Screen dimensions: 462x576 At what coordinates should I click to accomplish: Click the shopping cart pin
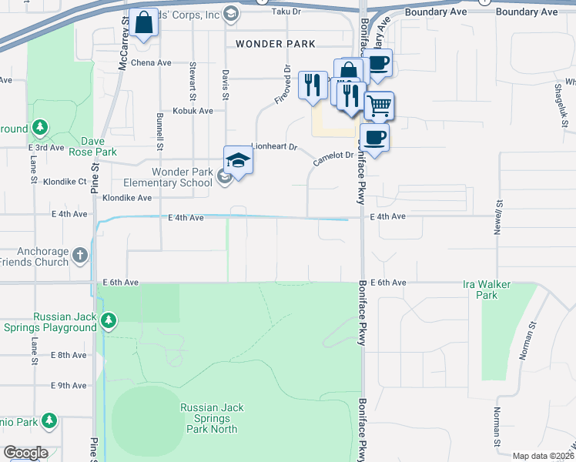point(379,105)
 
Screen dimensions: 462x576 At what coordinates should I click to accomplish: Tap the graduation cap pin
point(239,161)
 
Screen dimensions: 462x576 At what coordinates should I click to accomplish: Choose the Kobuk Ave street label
point(193,111)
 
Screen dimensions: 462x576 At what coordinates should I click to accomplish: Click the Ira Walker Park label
point(486,290)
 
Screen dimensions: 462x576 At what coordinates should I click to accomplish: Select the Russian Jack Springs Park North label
point(209,418)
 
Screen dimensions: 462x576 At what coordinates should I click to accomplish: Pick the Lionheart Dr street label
point(275,146)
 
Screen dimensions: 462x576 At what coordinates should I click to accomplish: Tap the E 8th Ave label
point(69,355)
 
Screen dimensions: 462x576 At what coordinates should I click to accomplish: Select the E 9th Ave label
point(69,385)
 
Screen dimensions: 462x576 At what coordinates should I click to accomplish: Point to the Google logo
point(25,453)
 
